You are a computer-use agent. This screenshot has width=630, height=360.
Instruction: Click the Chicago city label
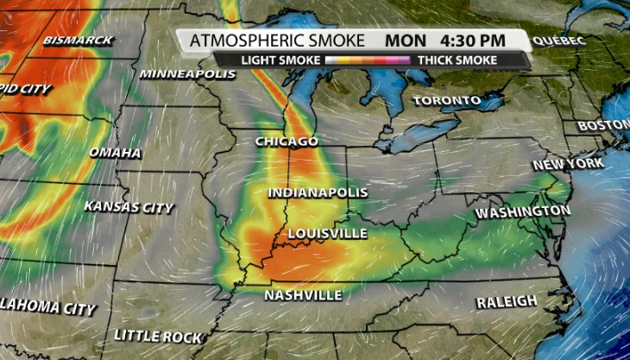pos(287,142)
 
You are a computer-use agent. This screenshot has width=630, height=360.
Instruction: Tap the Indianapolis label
pos(318,193)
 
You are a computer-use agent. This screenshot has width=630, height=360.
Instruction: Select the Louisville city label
pos(327,234)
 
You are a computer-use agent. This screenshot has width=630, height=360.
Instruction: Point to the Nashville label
pos(303,296)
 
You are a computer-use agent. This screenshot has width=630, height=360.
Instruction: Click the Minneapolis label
pos(186,74)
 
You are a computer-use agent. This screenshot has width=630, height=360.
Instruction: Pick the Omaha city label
pos(115,153)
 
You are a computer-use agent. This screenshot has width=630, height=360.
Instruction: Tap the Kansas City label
pos(129,207)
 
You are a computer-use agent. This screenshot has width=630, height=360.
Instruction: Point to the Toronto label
pos(446,101)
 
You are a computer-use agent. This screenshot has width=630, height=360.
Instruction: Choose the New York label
pos(567,164)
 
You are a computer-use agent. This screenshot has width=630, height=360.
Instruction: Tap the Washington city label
pos(523,212)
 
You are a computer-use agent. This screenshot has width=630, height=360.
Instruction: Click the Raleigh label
pos(507,301)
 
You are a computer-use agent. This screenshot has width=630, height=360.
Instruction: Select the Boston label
pos(604,126)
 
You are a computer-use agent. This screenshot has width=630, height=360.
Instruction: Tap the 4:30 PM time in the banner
pos(474,41)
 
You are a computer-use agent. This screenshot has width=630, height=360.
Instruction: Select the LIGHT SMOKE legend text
pos(280,60)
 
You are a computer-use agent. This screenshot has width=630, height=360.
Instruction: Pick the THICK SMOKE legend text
pos(457,60)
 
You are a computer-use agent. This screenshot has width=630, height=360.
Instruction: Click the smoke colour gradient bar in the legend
pos(369,60)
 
